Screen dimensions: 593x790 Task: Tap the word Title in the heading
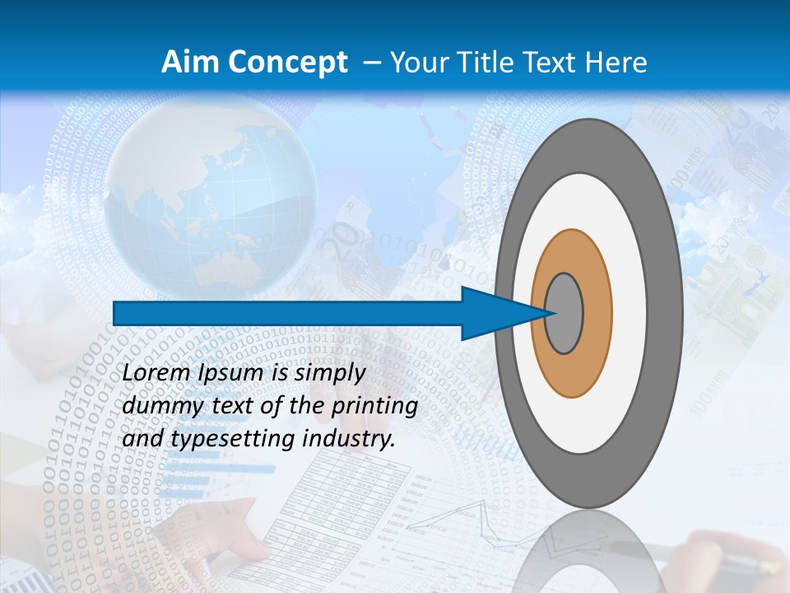click(x=487, y=62)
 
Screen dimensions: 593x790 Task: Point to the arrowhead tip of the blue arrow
click(x=549, y=313)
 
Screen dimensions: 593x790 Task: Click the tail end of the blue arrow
click(x=115, y=313)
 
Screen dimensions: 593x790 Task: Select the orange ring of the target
click(x=597, y=313)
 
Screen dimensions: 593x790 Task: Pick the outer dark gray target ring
click(x=667, y=313)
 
